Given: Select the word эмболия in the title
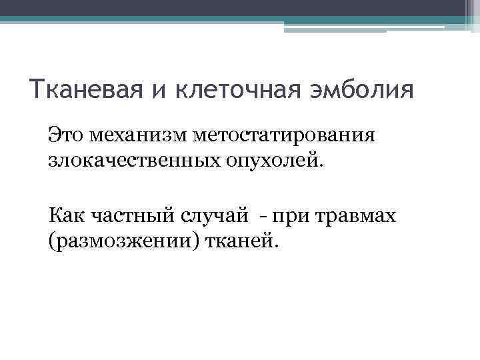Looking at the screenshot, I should (x=368, y=89).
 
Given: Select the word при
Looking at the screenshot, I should (x=288, y=216).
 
